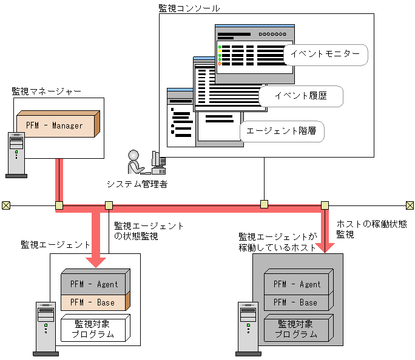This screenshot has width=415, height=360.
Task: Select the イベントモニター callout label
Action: tap(325, 54)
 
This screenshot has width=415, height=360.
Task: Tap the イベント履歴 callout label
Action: tap(300, 96)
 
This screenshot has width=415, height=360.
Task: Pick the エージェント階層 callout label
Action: tap(281, 131)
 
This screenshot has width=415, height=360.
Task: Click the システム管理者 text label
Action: tap(137, 184)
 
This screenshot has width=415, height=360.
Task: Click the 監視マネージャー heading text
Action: tap(47, 92)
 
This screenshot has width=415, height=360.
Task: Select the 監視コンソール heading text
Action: tap(189, 8)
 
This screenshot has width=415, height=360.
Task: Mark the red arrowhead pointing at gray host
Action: tap(325, 247)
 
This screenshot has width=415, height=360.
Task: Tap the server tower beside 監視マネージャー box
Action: tap(16, 155)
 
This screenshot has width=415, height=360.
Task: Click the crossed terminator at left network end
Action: tap(5, 205)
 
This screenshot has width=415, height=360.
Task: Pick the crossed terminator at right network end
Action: tap(410, 205)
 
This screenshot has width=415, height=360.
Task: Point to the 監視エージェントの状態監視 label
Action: tap(149, 231)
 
